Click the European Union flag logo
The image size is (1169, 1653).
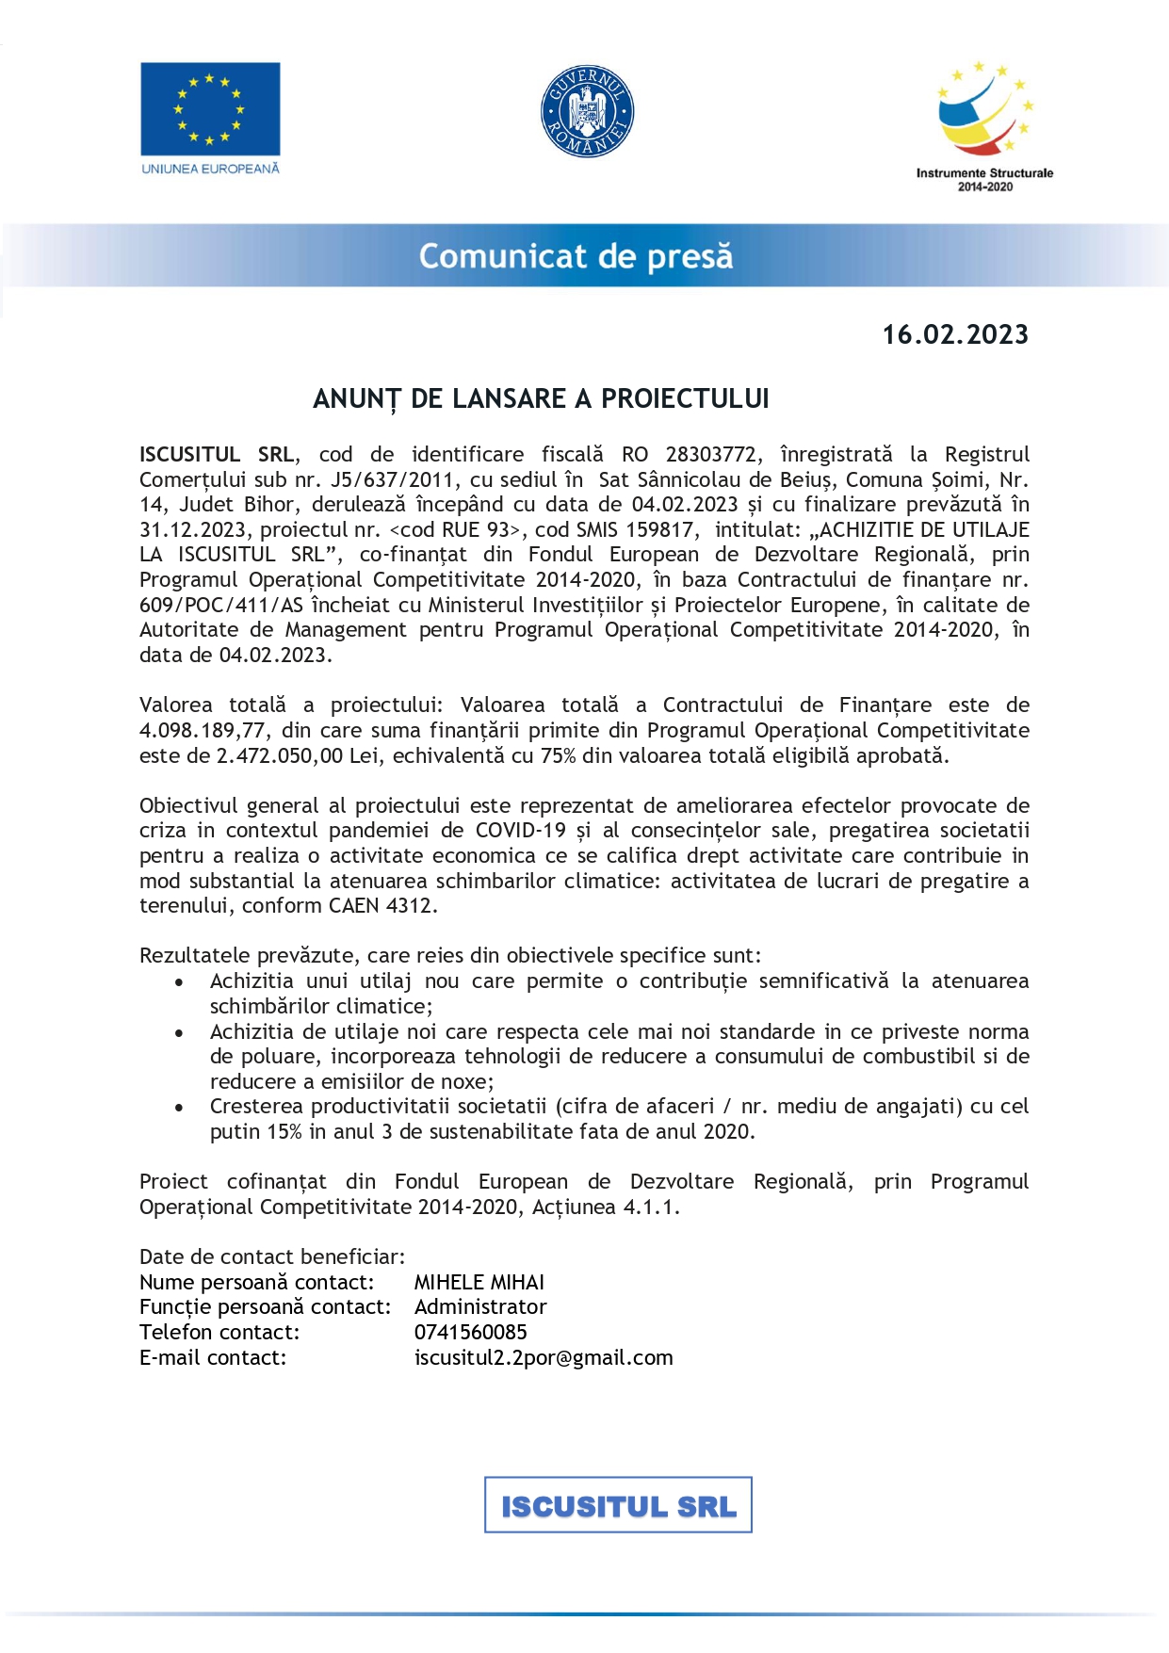210,109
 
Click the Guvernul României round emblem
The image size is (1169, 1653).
587,112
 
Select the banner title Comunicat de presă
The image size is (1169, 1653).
576,256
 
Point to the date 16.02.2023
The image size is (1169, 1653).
955,335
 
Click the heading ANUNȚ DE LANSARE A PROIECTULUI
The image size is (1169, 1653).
541,399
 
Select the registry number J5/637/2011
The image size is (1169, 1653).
394,479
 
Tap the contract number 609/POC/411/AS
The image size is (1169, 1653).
221,606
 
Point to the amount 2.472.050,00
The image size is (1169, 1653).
280,756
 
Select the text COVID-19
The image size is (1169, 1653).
521,831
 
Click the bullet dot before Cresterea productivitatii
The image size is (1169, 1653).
179,1108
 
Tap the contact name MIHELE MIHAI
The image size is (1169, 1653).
479,1283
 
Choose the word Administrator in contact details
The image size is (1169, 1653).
480,1307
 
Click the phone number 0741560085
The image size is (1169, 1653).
471,1333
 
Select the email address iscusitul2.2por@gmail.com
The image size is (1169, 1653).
544,1358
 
